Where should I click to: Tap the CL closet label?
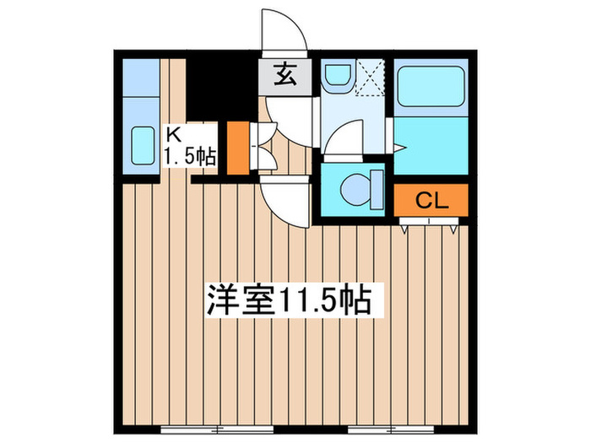(431, 201)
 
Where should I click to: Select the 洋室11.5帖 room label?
(289, 300)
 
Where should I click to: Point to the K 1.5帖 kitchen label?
(189, 147)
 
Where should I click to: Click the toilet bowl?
(356, 190)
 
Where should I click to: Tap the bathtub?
(431, 87)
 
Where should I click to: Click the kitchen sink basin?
(143, 146)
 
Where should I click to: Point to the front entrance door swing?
(285, 30)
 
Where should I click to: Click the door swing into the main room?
(285, 203)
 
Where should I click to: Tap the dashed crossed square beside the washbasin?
(370, 78)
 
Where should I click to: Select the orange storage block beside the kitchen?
(238, 148)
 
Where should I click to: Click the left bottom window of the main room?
(217, 429)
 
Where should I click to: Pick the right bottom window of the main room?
(391, 429)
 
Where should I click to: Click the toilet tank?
(377, 190)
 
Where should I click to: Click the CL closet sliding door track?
(429, 221)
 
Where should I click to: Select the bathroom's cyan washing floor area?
(431, 145)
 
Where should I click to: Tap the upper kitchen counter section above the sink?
(141, 78)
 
